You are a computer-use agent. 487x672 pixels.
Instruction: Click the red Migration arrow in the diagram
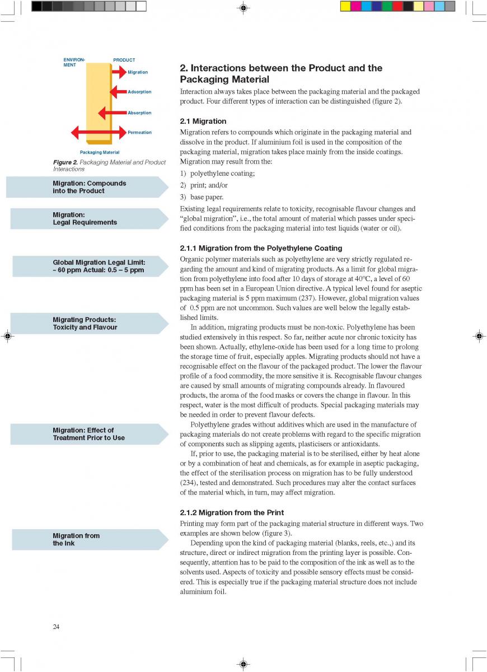click(119, 72)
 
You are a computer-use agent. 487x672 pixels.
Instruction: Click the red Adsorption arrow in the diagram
click(119, 91)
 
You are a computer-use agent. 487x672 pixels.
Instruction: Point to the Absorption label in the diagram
click(139, 113)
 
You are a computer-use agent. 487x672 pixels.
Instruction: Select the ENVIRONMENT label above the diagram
click(74, 62)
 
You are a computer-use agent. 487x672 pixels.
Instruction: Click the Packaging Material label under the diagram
click(100, 152)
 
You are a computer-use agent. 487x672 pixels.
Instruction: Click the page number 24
click(56, 627)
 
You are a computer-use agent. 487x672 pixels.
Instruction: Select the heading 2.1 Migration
click(203, 121)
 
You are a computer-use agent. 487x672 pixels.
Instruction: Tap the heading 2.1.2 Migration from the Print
click(232, 512)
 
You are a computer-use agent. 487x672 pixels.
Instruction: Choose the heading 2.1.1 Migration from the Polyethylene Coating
click(261, 248)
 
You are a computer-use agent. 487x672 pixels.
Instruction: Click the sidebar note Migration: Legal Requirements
click(85, 218)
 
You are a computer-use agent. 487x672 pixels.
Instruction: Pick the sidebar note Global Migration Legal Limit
click(99, 266)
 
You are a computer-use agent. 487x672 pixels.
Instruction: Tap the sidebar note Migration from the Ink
click(76, 539)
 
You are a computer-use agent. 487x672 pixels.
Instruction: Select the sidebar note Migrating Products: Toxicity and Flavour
click(85, 323)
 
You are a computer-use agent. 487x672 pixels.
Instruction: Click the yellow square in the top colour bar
click(345, 6)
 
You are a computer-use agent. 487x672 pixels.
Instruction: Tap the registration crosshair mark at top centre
click(243, 8)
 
